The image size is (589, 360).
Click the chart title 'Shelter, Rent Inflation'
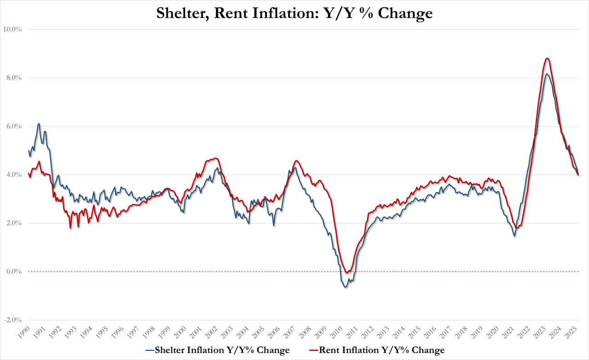(294, 13)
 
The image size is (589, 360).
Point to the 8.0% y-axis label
(14, 78)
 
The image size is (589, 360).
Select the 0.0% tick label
(14, 272)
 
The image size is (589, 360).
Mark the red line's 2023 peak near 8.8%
(547, 58)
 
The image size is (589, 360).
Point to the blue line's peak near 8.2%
(546, 74)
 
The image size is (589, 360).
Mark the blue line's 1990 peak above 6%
(39, 123)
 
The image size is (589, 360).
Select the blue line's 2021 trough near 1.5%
(514, 236)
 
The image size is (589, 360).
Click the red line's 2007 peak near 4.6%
(297, 161)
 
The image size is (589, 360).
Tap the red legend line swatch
(313, 350)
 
